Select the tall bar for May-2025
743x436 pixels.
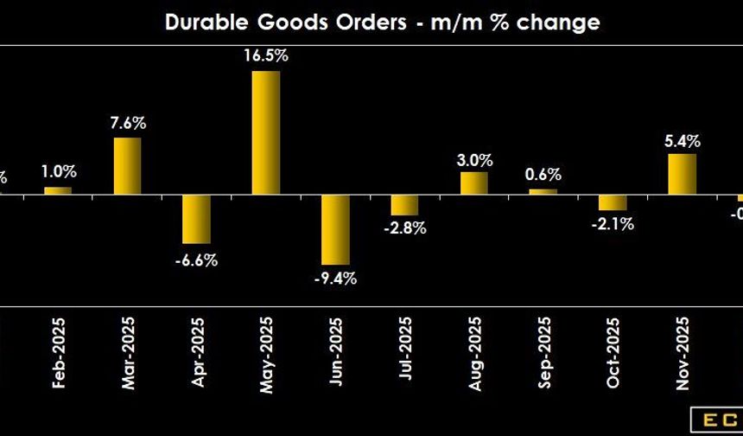coord(266,132)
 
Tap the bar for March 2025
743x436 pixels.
coord(127,165)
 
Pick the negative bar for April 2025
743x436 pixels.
coord(196,219)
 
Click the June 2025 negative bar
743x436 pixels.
coord(335,229)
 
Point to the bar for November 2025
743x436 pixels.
coord(682,174)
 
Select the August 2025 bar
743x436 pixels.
coord(473,183)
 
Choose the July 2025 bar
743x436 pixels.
coord(404,205)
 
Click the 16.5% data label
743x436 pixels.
coord(267,57)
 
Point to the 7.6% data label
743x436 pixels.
coord(128,123)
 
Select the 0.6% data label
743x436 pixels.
coord(543,174)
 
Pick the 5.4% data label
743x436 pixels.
coord(682,140)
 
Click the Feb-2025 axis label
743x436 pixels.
coord(59,356)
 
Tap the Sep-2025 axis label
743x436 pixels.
coord(543,356)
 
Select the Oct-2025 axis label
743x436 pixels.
coord(613,356)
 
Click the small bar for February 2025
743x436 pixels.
coord(58,190)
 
